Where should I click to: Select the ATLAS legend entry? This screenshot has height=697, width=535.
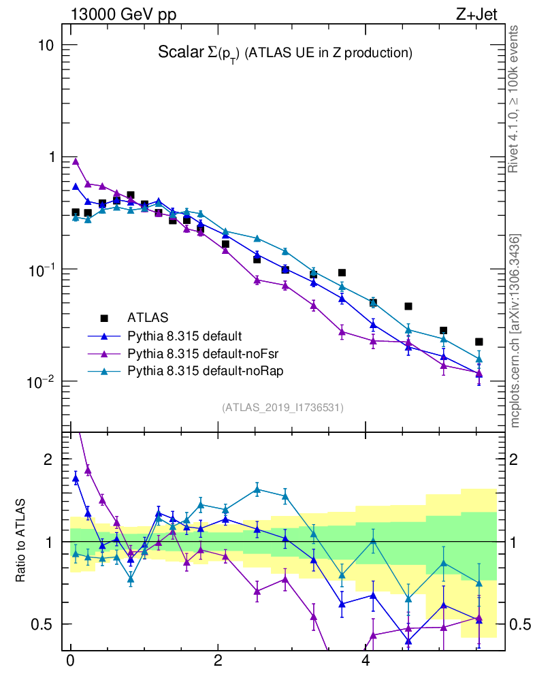pyautogui.click(x=146, y=317)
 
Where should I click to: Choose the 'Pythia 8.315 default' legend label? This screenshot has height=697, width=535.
pyautogui.click(x=185, y=336)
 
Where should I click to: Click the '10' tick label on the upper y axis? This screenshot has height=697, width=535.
pyautogui.click(x=46, y=46)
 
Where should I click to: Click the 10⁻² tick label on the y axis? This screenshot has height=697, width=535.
pyautogui.click(x=42, y=380)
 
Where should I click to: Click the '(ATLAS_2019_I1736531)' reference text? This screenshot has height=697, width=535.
pyautogui.click(x=282, y=408)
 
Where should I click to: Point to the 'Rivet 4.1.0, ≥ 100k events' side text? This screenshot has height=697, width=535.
pyautogui.click(x=514, y=99)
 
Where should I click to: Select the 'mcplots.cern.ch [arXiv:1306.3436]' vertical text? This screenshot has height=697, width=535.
pyautogui.click(x=515, y=330)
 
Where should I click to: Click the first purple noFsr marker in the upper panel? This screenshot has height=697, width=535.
pyautogui.click(x=76, y=161)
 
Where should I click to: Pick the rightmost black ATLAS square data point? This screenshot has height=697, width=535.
pyautogui.click(x=479, y=342)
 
